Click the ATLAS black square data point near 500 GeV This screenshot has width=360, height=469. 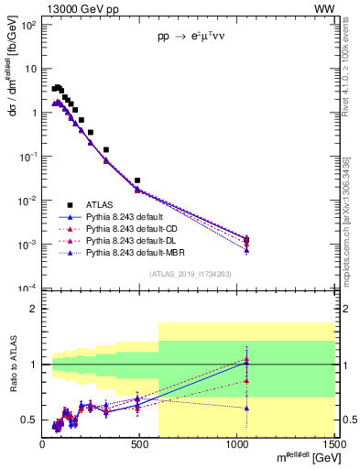click(x=137, y=180)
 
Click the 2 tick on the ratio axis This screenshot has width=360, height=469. click(x=34, y=309)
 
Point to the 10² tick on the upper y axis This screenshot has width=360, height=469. click(x=29, y=25)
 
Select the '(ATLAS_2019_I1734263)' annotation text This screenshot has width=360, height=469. click(x=190, y=273)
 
